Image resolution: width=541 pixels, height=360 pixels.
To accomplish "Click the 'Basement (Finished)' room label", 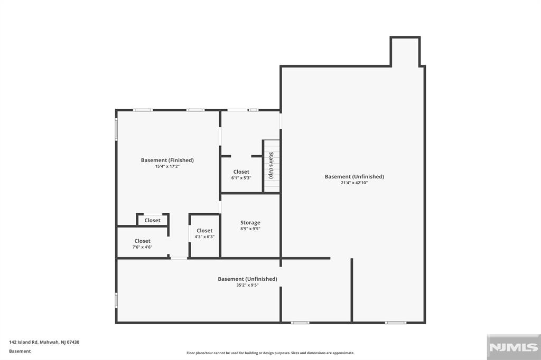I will (167, 160).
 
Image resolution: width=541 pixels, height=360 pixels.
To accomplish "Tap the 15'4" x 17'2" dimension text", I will (167, 167).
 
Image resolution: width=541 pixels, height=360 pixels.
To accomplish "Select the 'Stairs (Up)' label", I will (271, 165).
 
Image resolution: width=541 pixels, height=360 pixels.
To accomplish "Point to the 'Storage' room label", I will (250, 223).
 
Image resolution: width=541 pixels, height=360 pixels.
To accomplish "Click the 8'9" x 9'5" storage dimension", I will (250, 229).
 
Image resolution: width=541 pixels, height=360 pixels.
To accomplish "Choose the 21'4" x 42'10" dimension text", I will (354, 183).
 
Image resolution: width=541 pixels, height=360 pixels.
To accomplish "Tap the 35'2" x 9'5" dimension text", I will (247, 286).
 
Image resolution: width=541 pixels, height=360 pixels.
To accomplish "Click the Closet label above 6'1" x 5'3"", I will (241, 172).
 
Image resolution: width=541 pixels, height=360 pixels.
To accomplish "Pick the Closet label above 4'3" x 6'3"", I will (204, 231).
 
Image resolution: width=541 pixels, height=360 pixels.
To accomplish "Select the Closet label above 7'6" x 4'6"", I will (142, 241).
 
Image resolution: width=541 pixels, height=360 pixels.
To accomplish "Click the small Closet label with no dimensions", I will (152, 220).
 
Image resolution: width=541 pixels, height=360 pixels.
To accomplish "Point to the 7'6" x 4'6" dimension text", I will (142, 247).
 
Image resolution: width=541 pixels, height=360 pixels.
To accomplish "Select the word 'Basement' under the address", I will (20, 351).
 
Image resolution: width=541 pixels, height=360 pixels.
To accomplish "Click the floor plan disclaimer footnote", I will (270, 353).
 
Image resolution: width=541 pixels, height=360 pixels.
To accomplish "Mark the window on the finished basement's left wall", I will (117, 129).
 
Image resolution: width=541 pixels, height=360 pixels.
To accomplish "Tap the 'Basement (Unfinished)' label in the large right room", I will (354, 176).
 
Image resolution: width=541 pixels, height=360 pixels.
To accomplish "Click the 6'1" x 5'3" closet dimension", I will (241, 178).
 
